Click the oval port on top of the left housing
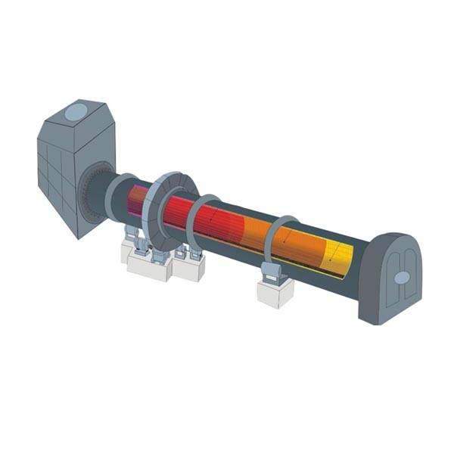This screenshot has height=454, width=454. [x=75, y=113]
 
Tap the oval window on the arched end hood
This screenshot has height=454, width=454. [x=402, y=278]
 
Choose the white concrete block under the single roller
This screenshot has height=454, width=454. [x=274, y=294]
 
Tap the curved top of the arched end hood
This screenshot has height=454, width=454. [x=393, y=238]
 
